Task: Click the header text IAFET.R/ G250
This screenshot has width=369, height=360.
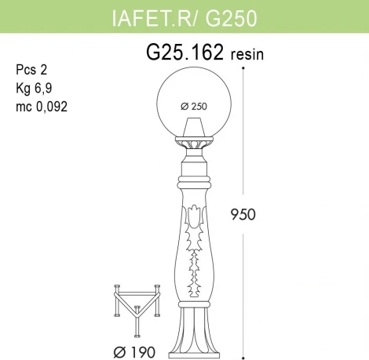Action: tap(185, 15)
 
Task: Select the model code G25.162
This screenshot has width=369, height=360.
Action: tap(186, 53)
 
